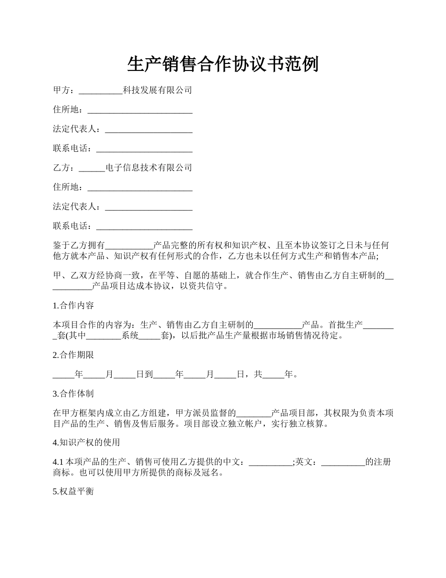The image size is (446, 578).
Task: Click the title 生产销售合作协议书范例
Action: (223, 64)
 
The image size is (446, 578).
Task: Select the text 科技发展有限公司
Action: (157, 90)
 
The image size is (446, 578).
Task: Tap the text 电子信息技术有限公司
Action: (149, 168)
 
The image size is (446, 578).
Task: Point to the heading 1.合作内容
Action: (73, 305)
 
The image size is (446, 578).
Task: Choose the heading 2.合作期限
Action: (73, 355)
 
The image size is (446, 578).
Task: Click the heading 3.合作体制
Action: (73, 394)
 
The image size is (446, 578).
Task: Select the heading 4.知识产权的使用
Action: (86, 442)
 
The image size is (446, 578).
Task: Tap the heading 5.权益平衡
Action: (73, 492)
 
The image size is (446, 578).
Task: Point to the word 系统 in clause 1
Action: (130, 336)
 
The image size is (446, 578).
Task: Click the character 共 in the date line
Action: (258, 375)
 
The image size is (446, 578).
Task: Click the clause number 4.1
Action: (59, 462)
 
